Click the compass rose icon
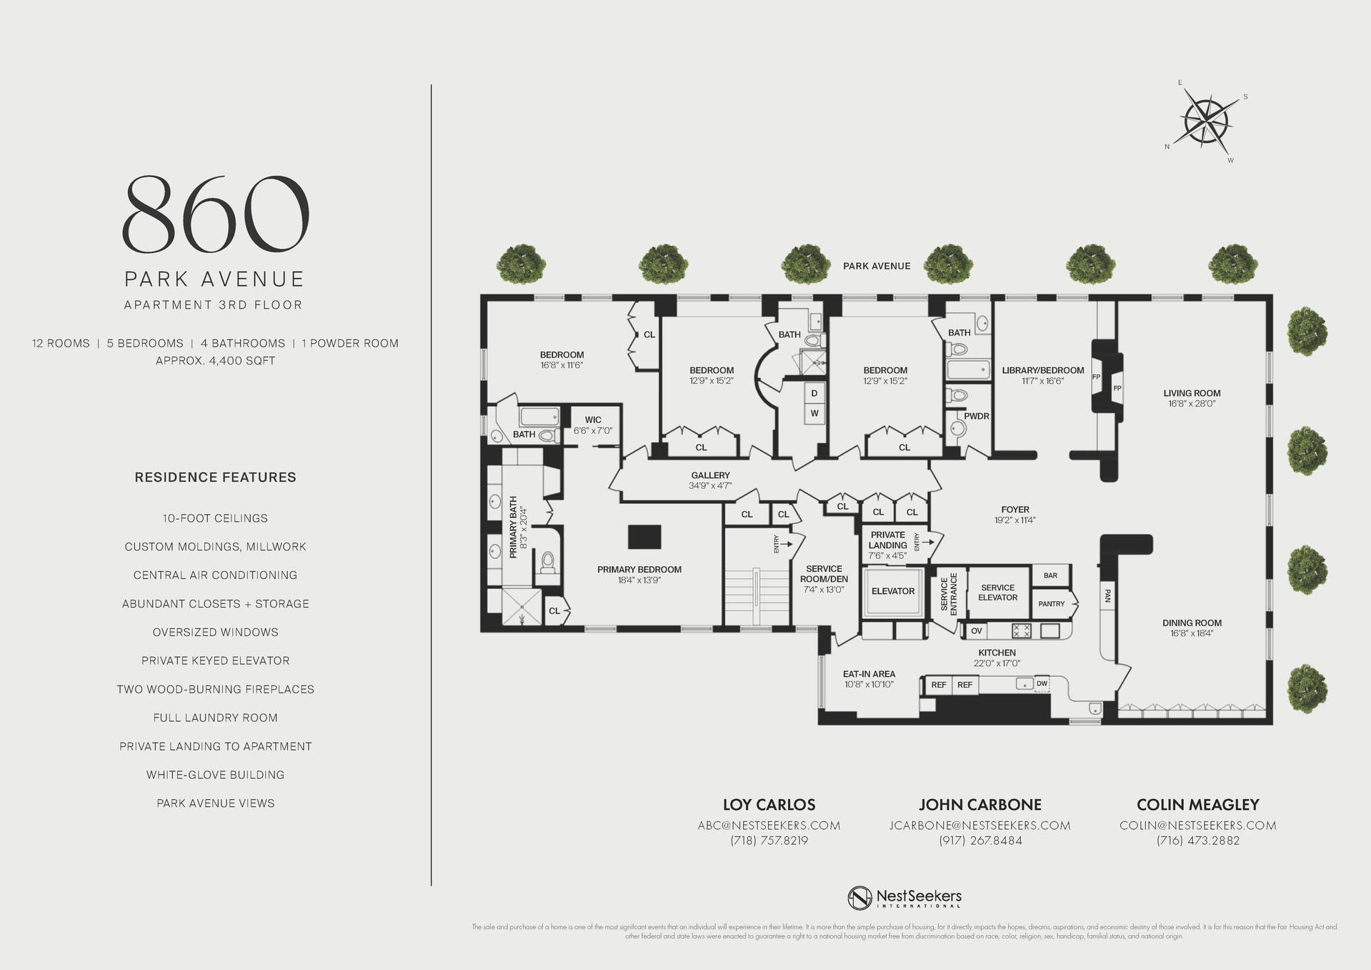[x=1207, y=121]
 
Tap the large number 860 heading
[x=216, y=214]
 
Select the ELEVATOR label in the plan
[x=892, y=591]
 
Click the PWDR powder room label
[x=976, y=416]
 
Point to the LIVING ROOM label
[x=1192, y=393]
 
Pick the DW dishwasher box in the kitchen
[x=1042, y=684]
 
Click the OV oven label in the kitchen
[x=976, y=631]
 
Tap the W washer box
[x=814, y=413]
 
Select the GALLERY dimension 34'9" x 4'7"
[x=710, y=486]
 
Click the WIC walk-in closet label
[x=593, y=420]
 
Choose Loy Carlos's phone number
[x=769, y=841]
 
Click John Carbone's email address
[x=979, y=826]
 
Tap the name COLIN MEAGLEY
[x=1197, y=805]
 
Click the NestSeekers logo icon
[x=859, y=898]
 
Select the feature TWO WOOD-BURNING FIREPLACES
[x=215, y=689]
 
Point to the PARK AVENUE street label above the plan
[x=877, y=266]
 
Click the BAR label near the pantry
[x=1050, y=575]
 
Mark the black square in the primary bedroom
[x=644, y=537]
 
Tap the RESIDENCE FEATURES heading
[x=215, y=477]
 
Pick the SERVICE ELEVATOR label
[x=997, y=593]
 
